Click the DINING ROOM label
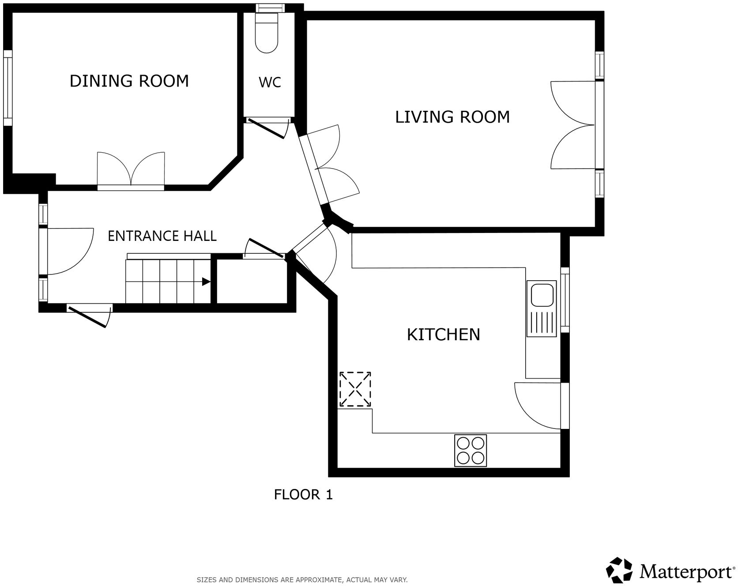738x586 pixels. pos(129,81)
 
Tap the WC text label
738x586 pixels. pos(270,83)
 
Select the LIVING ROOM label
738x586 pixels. pos(452,117)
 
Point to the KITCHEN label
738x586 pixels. pos(443,334)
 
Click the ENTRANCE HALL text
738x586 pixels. pos(162,236)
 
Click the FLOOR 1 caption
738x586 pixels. pos(303,494)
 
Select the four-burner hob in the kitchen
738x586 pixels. pos(471,451)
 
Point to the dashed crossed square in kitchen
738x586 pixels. pos(355,389)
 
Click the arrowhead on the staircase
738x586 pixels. pos(206,282)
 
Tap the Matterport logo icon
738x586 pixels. pos(620,570)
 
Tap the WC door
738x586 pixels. pos(267,128)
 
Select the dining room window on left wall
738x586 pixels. pos(8,87)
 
